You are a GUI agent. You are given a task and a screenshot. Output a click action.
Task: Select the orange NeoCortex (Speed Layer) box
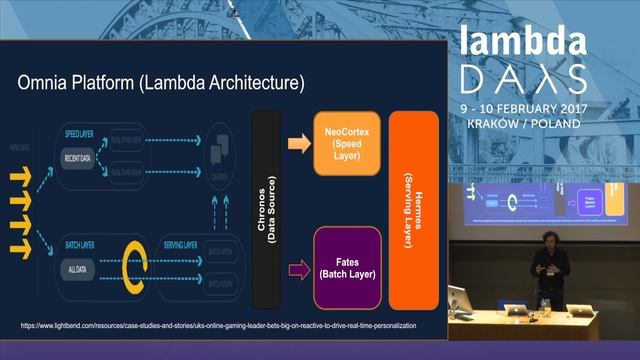[x=343, y=144]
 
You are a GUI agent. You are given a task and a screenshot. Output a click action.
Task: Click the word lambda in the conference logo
[x=523, y=42]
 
